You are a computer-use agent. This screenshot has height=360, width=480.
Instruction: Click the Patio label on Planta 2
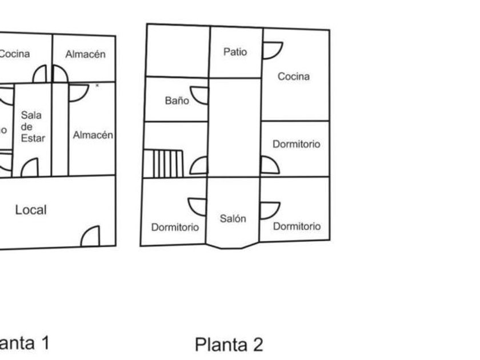tap(235, 52)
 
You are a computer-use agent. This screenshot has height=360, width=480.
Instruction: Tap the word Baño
tap(177, 101)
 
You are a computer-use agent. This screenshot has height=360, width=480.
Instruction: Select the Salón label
tap(233, 218)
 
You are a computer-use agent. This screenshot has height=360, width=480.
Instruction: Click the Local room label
tap(31, 210)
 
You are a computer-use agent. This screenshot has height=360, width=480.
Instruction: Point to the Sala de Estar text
tap(32, 126)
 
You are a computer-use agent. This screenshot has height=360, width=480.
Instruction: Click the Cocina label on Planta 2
tap(294, 77)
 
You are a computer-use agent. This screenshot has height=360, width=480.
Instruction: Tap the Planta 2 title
tap(229, 345)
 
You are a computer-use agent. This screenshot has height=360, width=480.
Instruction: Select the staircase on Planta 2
tap(163, 163)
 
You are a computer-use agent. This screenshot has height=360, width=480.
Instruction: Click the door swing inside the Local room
tap(91, 236)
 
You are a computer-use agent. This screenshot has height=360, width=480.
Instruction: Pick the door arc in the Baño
tap(200, 95)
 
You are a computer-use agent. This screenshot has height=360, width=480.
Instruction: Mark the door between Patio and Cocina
tap(271, 50)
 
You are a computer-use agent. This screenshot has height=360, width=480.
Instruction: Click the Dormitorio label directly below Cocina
tap(296, 145)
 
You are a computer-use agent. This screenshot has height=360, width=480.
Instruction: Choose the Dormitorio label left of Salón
tap(175, 227)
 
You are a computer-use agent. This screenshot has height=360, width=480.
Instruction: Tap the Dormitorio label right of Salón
tap(297, 226)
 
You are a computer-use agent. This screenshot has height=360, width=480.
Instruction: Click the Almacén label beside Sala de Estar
tap(93, 135)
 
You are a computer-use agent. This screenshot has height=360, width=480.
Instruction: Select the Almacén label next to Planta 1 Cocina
tap(86, 55)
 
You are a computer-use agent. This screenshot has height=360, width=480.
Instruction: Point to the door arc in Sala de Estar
tap(30, 167)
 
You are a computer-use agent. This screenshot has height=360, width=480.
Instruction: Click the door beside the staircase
tap(199, 166)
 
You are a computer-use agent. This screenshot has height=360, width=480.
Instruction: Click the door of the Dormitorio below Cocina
tap(269, 165)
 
